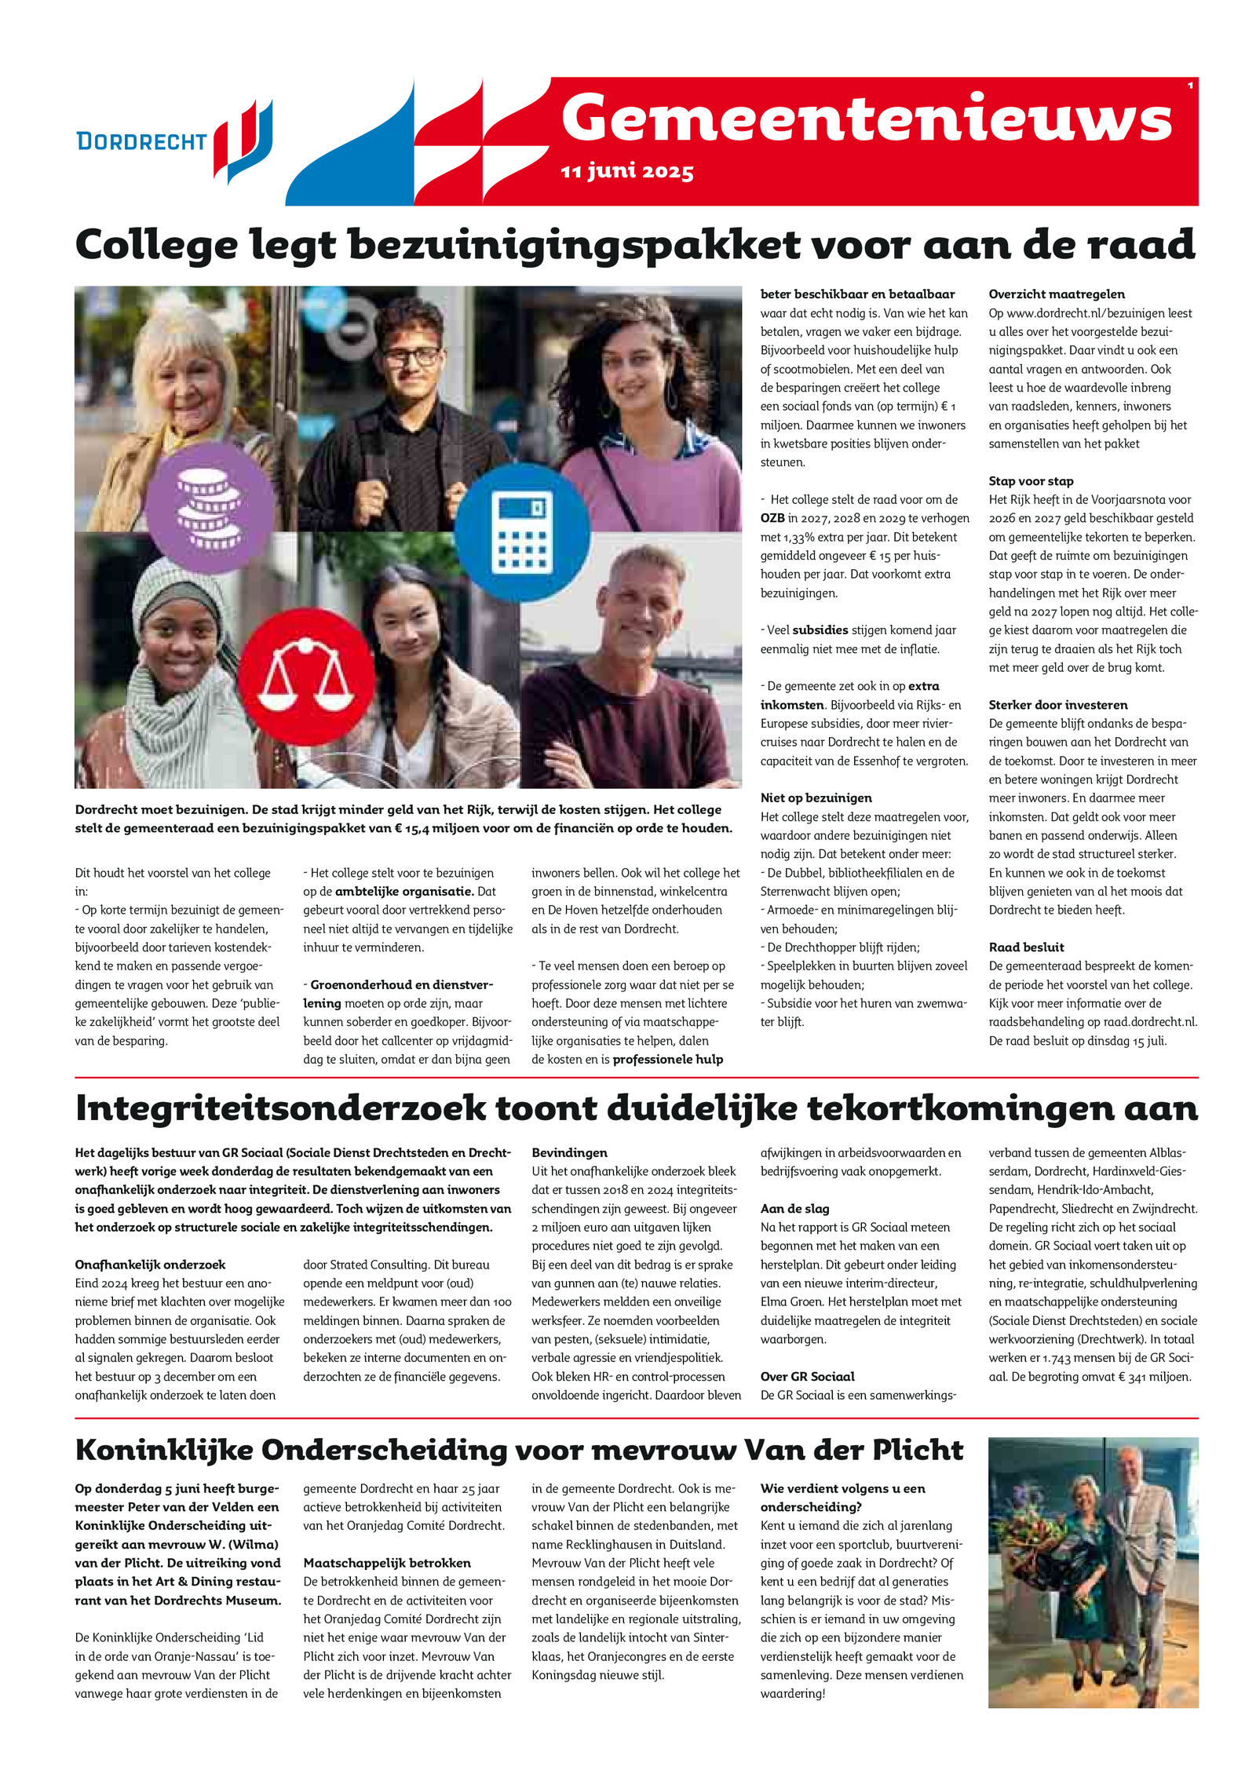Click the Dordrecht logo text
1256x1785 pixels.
point(141,141)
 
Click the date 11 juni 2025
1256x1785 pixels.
point(626,171)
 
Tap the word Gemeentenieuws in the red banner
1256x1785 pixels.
point(866,119)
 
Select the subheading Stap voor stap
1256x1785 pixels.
point(1031,481)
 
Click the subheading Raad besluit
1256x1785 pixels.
point(1026,947)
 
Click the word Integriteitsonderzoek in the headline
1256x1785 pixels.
point(280,1108)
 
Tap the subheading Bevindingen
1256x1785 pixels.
point(569,1153)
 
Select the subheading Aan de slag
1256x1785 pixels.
point(794,1209)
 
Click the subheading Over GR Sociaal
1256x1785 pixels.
point(807,1376)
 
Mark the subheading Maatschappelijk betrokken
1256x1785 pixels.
point(387,1563)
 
